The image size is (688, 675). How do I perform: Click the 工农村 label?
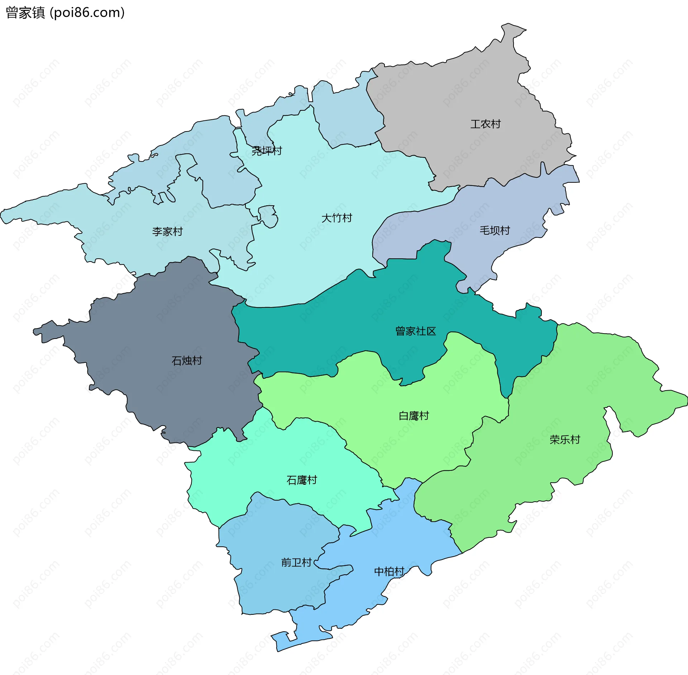[x=485, y=124]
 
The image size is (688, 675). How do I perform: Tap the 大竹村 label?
[x=336, y=218]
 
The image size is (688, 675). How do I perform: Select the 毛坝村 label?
[x=494, y=230]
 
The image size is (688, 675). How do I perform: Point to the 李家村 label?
[x=167, y=231]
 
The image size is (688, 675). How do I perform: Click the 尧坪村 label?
[x=267, y=151]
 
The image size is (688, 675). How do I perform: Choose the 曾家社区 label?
[x=415, y=331]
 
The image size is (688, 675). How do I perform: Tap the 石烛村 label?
[x=187, y=360]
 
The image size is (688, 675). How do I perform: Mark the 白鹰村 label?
[x=414, y=416]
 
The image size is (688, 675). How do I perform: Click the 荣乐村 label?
[x=565, y=440]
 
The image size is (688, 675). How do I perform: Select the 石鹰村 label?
[x=302, y=480]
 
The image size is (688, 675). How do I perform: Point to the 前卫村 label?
[x=296, y=562]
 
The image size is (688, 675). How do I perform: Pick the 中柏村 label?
[x=389, y=571]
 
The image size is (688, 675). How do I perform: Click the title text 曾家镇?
[x=25, y=13]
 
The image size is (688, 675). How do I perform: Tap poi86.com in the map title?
[x=87, y=13]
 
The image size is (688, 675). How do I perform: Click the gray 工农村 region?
[x=466, y=97]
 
